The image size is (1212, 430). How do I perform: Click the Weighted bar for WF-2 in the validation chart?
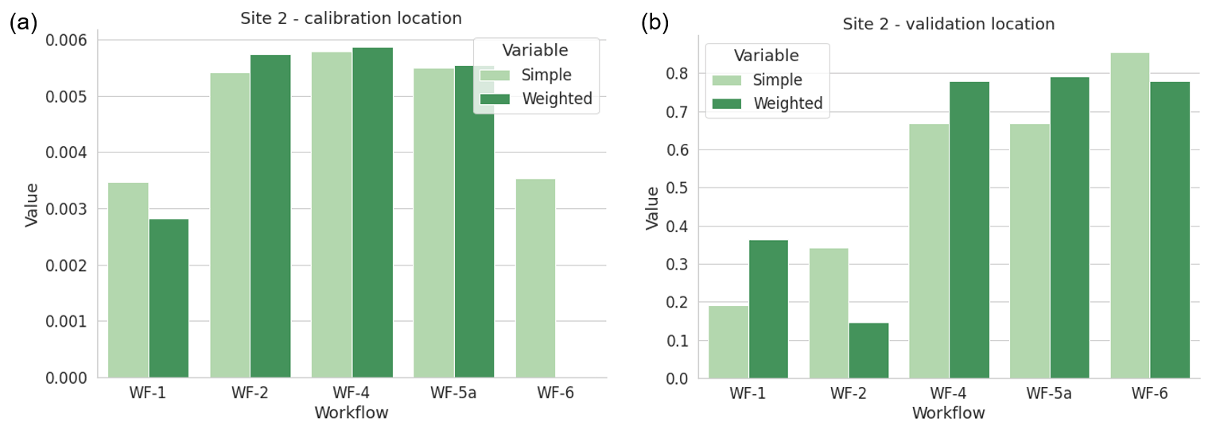pos(868,351)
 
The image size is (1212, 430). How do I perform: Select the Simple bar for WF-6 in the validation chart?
pos(1129,215)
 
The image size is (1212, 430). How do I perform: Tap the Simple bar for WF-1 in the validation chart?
pos(728,342)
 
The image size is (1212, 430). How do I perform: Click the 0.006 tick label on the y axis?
pos(68,40)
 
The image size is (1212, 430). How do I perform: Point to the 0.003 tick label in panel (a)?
pos(68,209)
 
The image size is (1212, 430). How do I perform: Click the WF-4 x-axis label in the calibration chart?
pos(352,393)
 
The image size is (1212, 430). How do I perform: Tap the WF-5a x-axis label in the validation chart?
pos(1049,393)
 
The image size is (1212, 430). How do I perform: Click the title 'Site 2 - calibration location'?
pos(351,18)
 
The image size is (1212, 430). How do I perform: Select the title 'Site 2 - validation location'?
pos(949,24)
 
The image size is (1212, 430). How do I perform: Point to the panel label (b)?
pos(655,23)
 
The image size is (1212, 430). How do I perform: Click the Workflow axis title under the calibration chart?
pos(352,413)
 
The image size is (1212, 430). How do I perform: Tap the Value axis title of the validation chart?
pos(652,208)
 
